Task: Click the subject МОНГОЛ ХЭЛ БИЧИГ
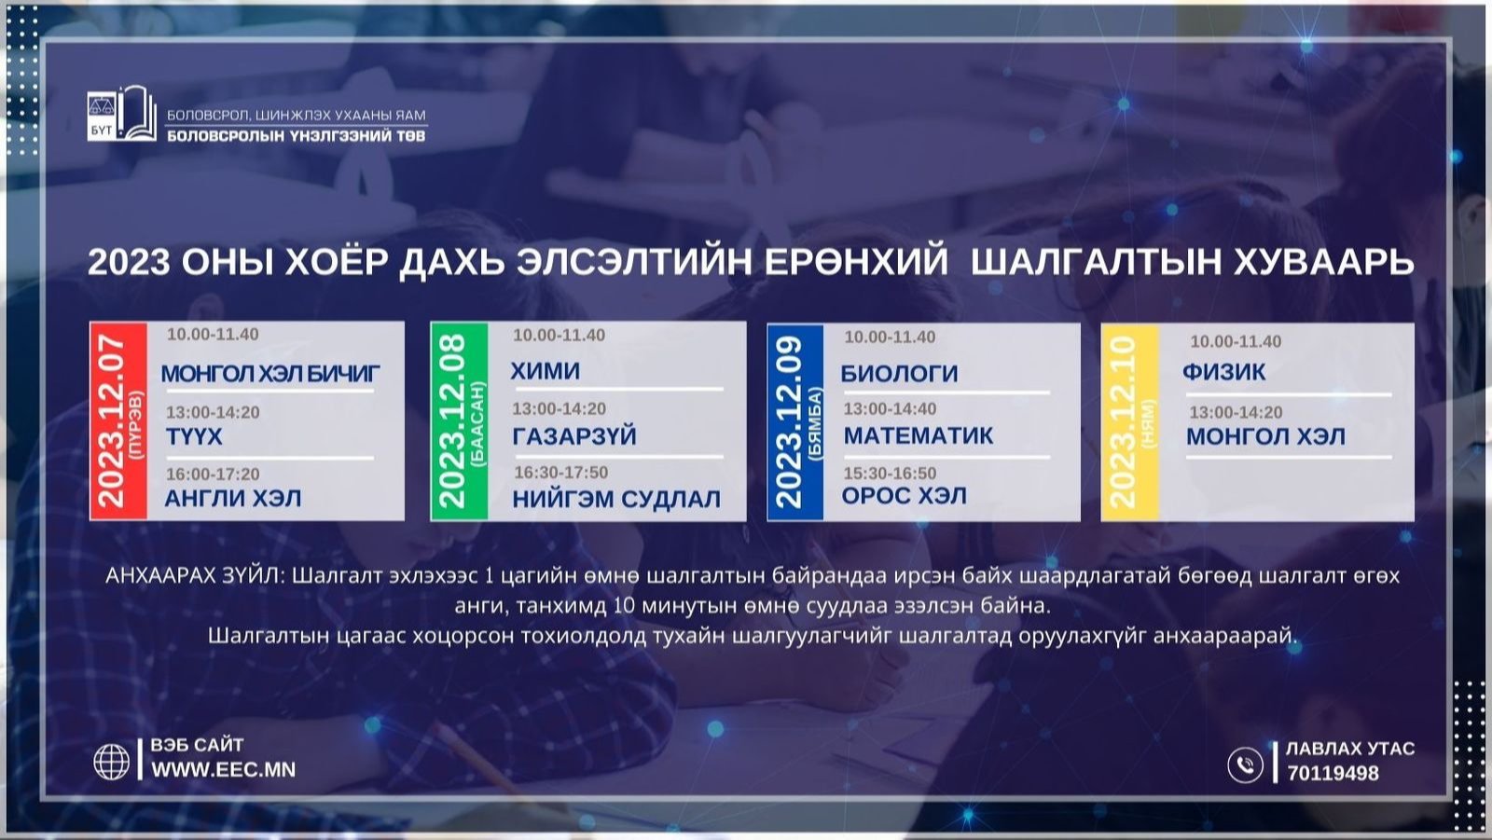tap(270, 374)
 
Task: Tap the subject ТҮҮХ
tap(194, 436)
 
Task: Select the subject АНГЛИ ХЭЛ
tap(232, 498)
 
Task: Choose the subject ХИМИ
tap(545, 370)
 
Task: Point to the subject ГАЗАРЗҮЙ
tap(574, 436)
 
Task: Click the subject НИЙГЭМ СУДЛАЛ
tap(616, 499)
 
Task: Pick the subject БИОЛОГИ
tap(899, 374)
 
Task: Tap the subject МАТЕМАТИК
tap(919, 435)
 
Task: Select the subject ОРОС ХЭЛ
tap(904, 496)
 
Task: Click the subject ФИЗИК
tap(1223, 371)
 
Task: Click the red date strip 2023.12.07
tap(118, 420)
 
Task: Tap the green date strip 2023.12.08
tap(460, 421)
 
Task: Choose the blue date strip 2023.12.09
tap(795, 421)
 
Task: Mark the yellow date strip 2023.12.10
tap(1130, 421)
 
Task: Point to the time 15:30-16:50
tap(890, 473)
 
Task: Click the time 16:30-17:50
tap(560, 473)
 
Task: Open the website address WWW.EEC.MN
tap(223, 769)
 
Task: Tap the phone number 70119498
tap(1333, 773)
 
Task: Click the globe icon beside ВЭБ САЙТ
tap(111, 762)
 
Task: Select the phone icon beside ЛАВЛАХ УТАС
tap(1245, 764)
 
